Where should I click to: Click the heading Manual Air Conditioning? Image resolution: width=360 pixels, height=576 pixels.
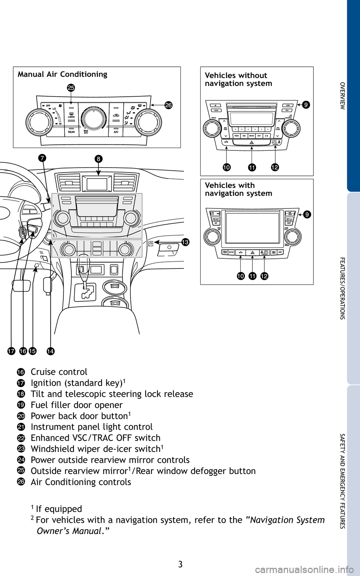coord(62,74)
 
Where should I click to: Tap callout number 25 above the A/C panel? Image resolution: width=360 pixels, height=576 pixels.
coord(71,88)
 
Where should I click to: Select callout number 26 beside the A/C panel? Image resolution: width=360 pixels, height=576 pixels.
coord(168,105)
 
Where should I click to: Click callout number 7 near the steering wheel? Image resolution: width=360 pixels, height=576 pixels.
coord(42,158)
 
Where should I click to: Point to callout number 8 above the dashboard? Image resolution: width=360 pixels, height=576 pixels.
coord(98,159)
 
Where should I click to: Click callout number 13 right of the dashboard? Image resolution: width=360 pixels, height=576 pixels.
coord(185,242)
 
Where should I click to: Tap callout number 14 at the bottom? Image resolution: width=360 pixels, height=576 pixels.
coord(51,351)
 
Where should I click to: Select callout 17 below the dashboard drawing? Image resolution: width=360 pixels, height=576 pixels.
coord(11,351)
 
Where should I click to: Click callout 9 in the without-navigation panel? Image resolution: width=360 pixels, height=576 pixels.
coord(306,105)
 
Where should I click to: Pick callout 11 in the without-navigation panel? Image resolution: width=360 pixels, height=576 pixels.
coord(252,167)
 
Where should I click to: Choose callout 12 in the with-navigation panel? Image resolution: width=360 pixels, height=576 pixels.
coord(264,276)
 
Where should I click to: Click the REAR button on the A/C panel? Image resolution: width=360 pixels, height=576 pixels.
coord(71,132)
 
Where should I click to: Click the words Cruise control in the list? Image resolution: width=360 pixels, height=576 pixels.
coord(59,372)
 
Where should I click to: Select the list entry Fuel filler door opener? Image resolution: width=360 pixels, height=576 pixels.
coord(76,405)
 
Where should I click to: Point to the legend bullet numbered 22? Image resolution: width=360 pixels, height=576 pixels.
coord(21,438)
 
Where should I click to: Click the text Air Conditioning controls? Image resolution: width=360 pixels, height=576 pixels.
coord(81,482)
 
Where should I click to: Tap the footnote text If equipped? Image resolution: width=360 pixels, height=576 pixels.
coord(59,509)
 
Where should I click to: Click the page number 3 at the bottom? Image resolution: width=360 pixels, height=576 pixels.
coord(180,564)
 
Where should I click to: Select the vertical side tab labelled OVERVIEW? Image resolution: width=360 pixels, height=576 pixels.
coord(342,96)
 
